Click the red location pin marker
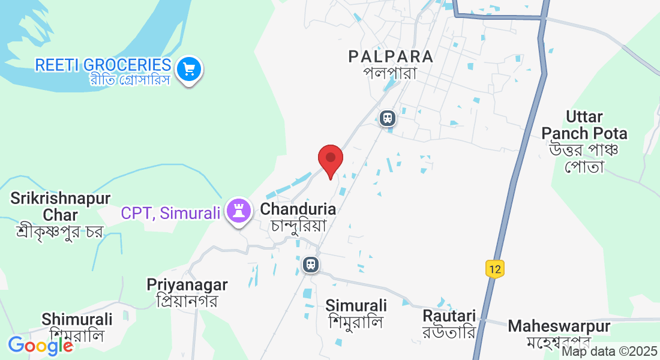tap(330, 159)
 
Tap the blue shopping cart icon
tap(190, 70)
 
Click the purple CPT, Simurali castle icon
tap(239, 211)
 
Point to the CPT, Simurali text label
tap(170, 212)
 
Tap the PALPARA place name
tap(391, 56)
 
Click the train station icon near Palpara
tap(388, 117)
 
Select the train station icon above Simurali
tap(310, 264)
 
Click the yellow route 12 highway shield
tap(494, 269)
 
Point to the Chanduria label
tap(298, 209)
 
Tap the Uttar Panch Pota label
tap(584, 125)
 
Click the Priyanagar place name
tap(187, 284)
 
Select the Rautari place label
tap(449, 316)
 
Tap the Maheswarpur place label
tap(559, 326)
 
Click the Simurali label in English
tap(356, 305)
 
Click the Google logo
tap(40, 346)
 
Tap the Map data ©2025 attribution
tap(609, 352)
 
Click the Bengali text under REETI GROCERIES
tap(127, 80)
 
